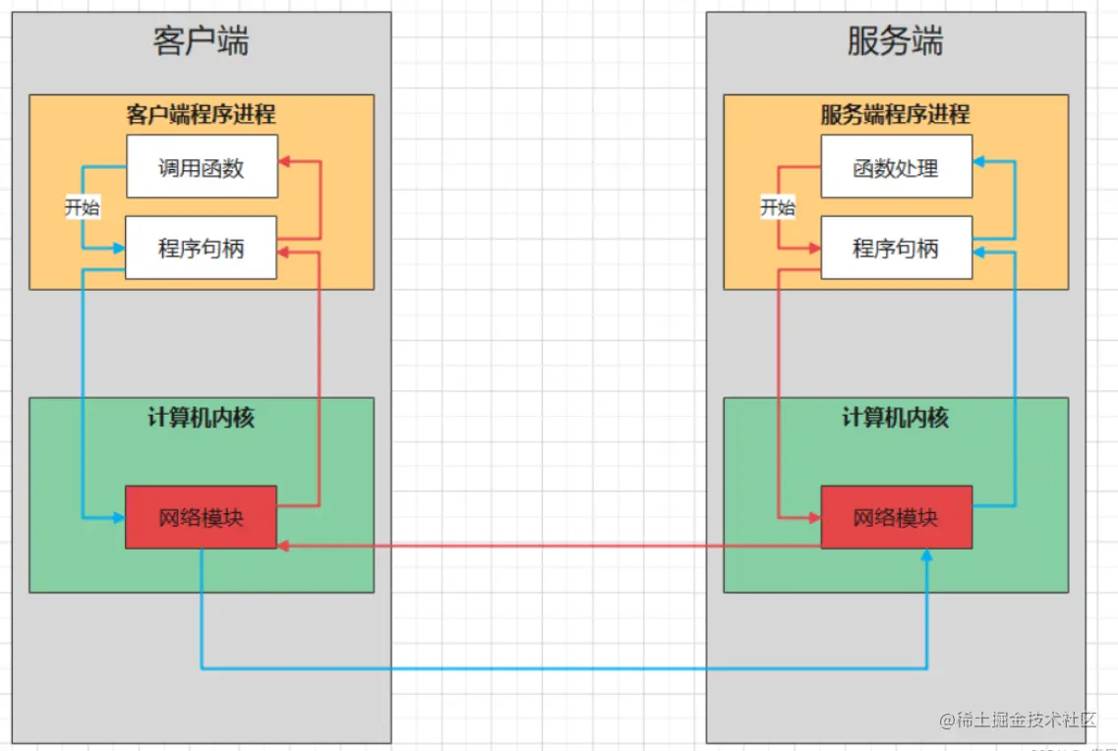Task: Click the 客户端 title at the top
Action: [x=201, y=41]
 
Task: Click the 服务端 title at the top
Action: [x=895, y=41]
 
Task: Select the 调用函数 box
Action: [x=202, y=167]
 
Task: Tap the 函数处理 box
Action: [x=896, y=167]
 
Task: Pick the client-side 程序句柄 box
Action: [x=202, y=248]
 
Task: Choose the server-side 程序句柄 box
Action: [x=896, y=248]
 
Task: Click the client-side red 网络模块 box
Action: [x=201, y=517]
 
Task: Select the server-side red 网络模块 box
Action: [x=896, y=517]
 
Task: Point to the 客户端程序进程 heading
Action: [x=201, y=114]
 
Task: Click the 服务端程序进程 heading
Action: [x=895, y=114]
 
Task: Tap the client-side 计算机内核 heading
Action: [x=201, y=417]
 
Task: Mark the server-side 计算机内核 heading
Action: [x=895, y=417]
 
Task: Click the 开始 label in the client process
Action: [x=83, y=207]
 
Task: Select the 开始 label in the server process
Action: [x=777, y=207]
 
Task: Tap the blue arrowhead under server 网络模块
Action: [x=926, y=555]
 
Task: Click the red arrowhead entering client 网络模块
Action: [x=284, y=546]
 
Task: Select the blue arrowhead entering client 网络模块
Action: [x=119, y=517]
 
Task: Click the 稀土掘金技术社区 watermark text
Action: [x=1026, y=721]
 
